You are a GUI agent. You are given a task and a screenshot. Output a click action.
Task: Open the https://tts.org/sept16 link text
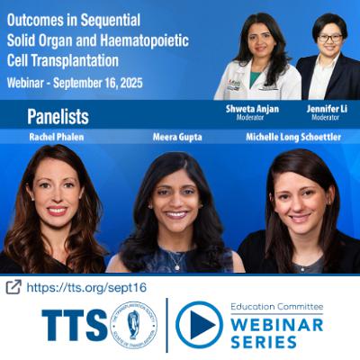86,287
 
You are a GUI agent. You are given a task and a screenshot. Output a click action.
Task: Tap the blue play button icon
199,325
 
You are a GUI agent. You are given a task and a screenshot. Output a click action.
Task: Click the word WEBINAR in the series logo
274,324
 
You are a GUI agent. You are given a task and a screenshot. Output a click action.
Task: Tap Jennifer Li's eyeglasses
329,38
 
